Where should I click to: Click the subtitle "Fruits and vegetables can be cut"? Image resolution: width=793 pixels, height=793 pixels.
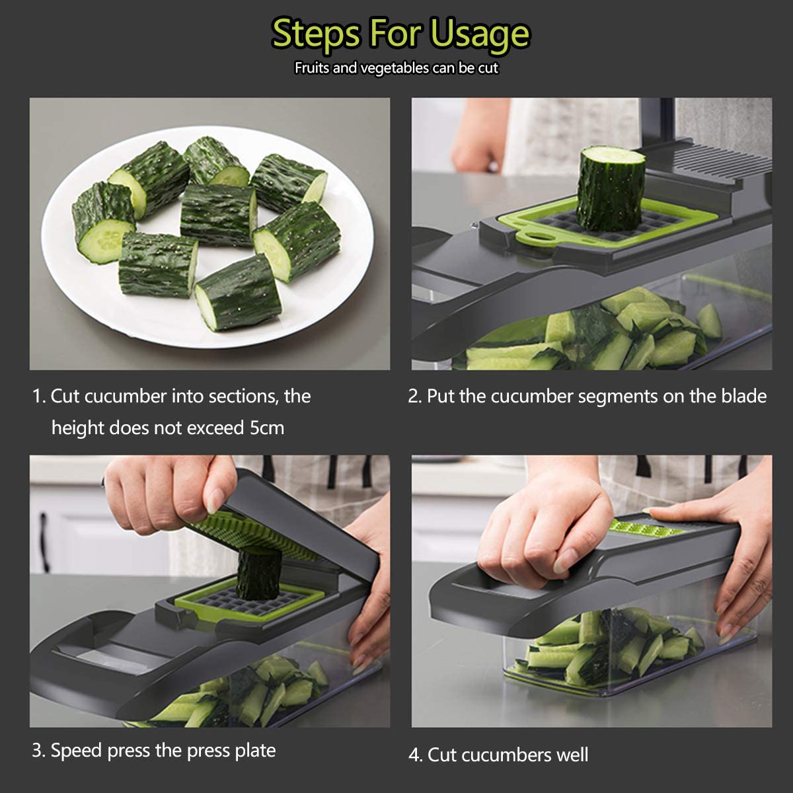[397, 67]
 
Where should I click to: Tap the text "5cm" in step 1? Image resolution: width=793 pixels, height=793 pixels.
[266, 428]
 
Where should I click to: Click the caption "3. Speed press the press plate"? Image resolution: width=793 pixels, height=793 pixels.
[154, 750]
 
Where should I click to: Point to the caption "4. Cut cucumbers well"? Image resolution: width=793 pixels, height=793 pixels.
[498, 755]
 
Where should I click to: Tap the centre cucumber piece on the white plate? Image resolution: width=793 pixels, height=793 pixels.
[218, 214]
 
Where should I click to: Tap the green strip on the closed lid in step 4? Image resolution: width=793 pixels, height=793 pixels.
[646, 528]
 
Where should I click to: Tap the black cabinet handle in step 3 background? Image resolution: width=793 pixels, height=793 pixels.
[44, 533]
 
